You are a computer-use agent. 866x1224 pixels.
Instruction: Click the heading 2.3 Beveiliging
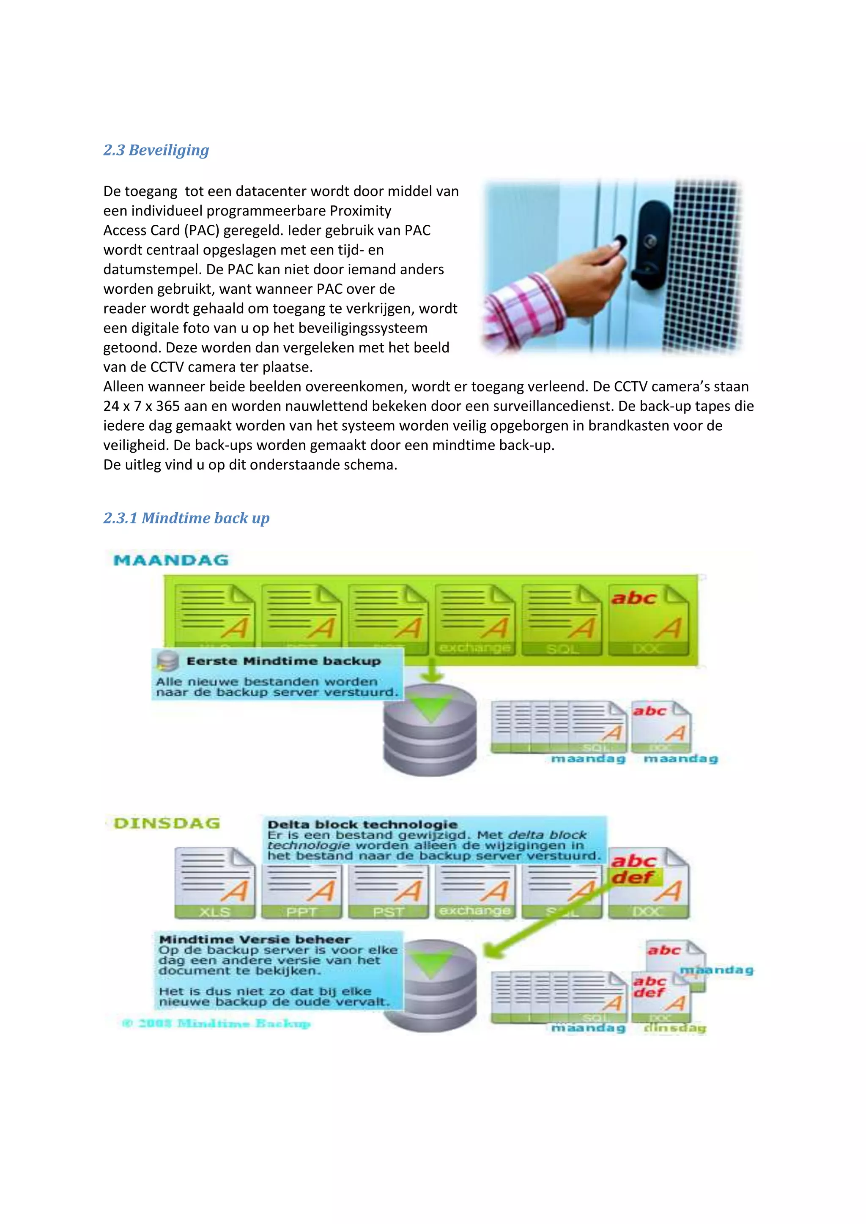click(x=156, y=150)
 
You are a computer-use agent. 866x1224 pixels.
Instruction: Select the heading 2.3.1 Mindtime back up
click(x=186, y=518)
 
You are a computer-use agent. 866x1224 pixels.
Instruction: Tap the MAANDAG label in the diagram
click(x=171, y=560)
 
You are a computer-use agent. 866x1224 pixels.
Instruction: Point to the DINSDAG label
click(x=167, y=824)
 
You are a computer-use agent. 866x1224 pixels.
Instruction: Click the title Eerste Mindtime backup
click(x=283, y=661)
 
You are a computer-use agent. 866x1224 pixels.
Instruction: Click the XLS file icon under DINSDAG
click(x=214, y=883)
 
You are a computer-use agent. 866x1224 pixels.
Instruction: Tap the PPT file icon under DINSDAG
click(x=302, y=892)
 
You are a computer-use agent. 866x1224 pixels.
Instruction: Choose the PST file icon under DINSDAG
click(x=388, y=892)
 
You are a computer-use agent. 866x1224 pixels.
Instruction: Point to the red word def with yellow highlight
click(x=633, y=877)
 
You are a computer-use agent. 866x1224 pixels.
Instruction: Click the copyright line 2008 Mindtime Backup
click(x=216, y=1023)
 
